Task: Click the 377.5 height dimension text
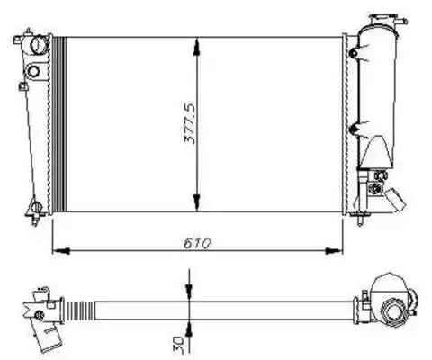[190, 123]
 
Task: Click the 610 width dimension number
[197, 243]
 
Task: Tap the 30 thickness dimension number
[178, 341]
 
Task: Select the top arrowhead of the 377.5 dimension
[196, 47]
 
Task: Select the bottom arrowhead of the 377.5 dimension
[196, 202]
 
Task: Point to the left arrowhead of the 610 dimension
[61, 251]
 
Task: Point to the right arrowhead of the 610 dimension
[334, 251]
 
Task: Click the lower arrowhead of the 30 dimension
[189, 328]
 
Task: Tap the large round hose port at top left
[40, 45]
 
